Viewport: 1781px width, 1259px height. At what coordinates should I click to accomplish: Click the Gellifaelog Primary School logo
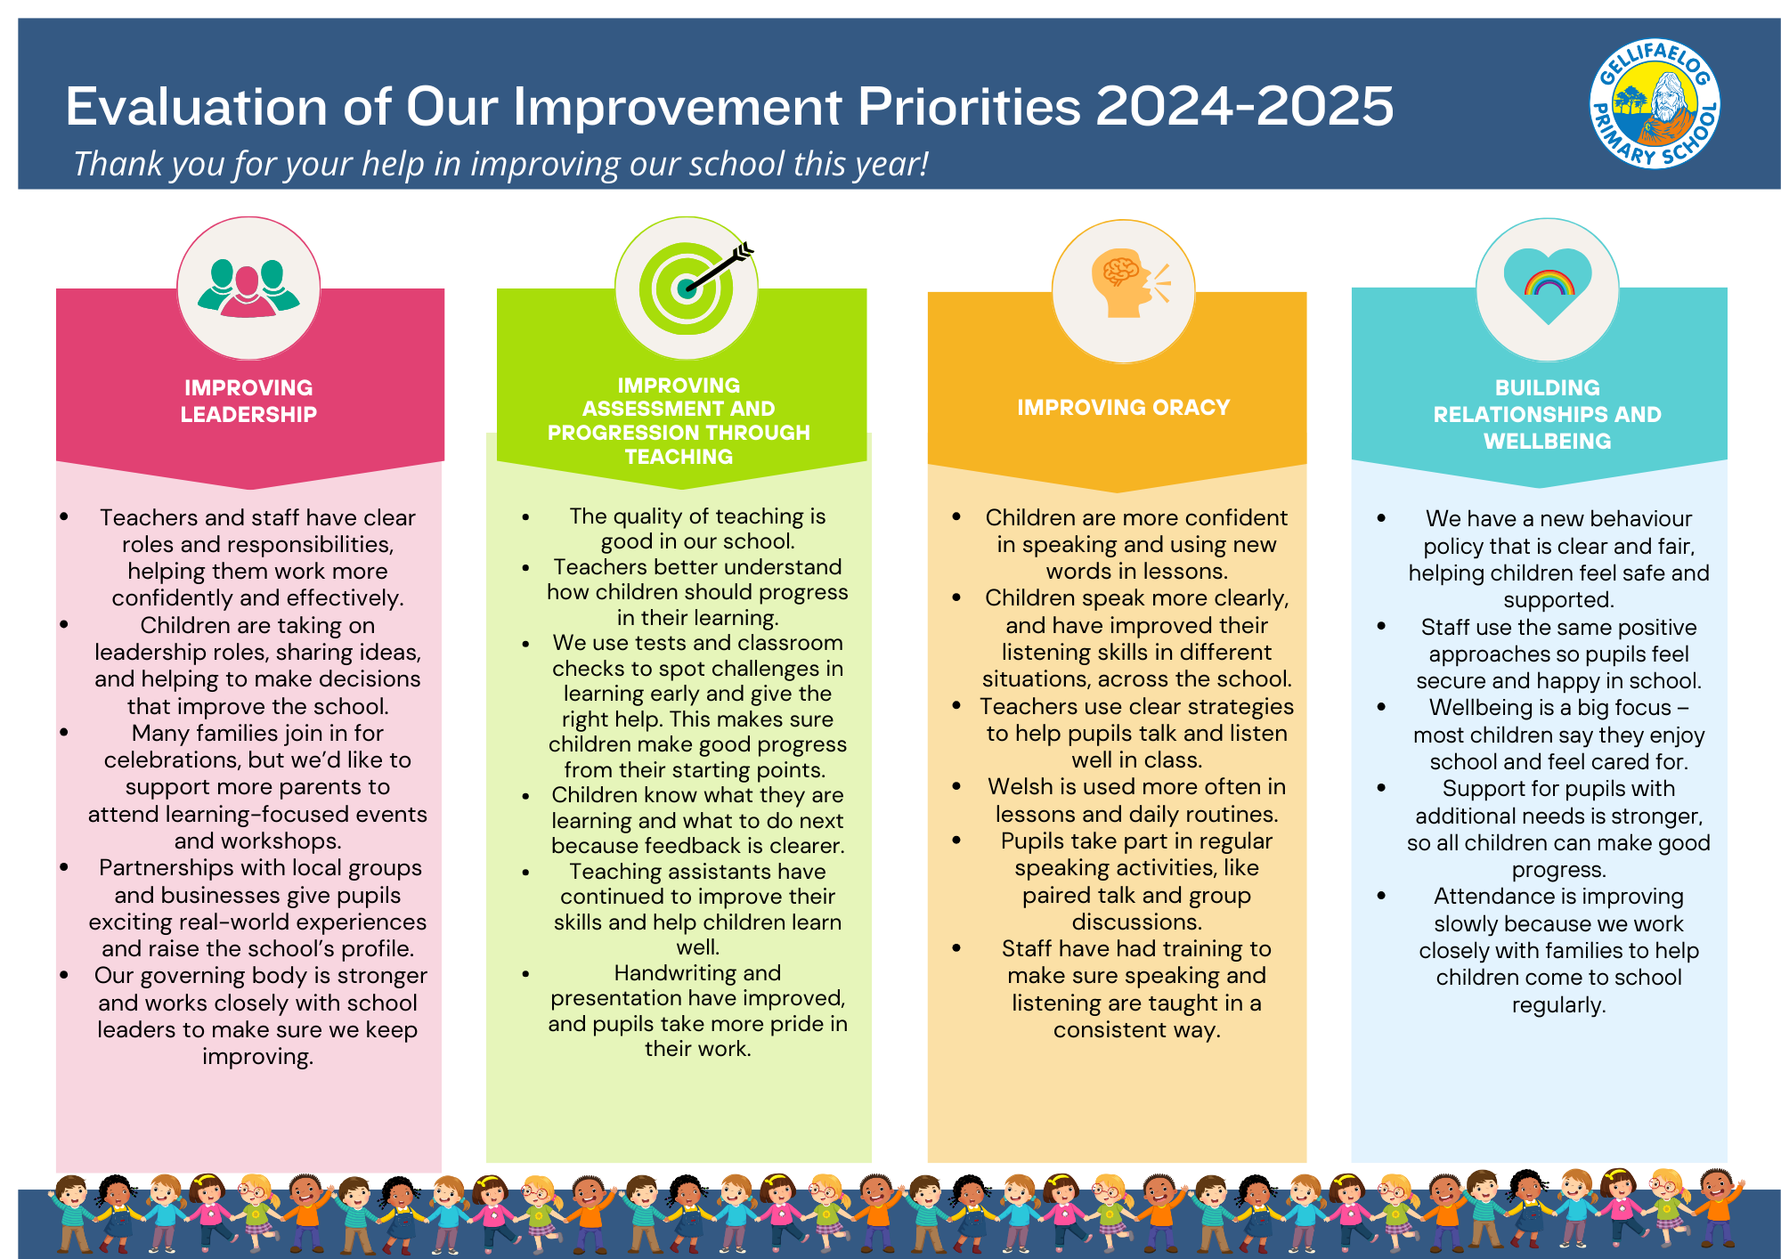1655,103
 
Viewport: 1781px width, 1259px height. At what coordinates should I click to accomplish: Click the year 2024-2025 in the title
1244,107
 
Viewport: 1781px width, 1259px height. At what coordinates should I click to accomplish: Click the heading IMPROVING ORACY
1123,408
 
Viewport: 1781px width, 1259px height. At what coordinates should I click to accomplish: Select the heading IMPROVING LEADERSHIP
248,401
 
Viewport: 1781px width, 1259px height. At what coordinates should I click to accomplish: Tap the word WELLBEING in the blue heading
1547,441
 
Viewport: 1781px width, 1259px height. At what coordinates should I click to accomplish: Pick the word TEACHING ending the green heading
679,457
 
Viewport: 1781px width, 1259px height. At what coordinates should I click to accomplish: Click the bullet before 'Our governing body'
64,976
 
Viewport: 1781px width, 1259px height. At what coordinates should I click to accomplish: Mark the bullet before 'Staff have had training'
956,949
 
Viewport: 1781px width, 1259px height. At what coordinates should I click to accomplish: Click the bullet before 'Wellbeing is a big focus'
1381,708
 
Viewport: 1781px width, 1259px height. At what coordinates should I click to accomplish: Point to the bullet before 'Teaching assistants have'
526,873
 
